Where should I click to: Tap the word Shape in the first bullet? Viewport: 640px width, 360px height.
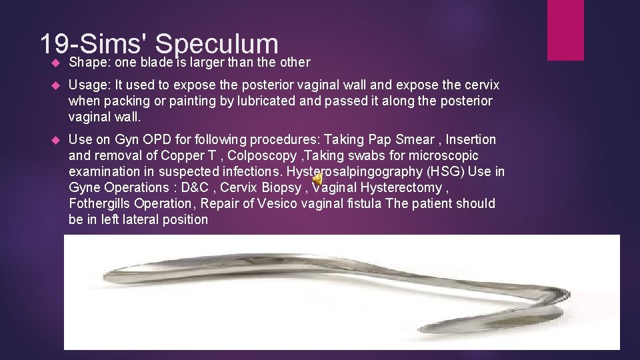[x=85, y=62]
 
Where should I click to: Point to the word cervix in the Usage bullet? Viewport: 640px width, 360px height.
[x=479, y=86]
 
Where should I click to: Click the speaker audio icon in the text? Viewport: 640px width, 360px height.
[x=318, y=179]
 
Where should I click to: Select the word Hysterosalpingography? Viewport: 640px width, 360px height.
[x=369, y=171]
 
